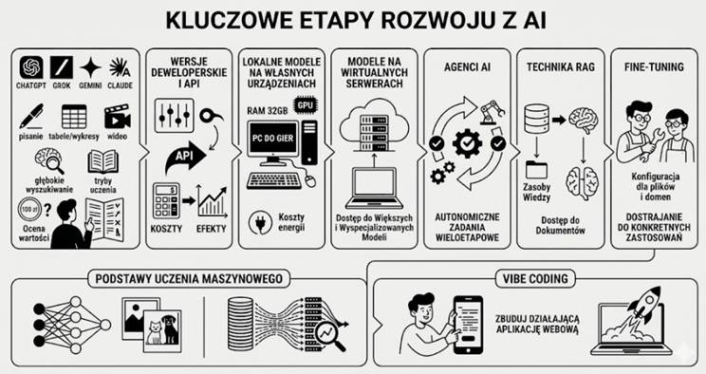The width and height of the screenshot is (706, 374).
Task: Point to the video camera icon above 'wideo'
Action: (118, 118)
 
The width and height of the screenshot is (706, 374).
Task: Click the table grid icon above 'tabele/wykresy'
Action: (75, 118)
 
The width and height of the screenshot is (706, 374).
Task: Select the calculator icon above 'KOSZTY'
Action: (166, 201)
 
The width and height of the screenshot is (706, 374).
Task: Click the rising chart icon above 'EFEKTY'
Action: (212, 201)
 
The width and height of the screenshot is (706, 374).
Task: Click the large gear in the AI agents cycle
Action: (467, 145)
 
